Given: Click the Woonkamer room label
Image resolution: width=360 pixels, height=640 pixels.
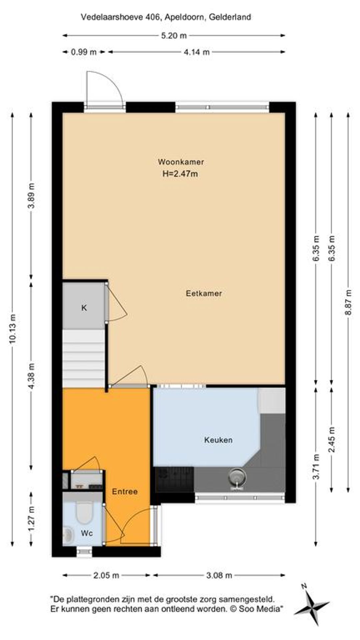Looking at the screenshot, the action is click(181, 162).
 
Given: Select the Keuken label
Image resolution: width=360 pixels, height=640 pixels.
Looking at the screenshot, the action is click(218, 440).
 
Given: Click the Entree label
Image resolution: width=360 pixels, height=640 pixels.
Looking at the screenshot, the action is click(125, 492).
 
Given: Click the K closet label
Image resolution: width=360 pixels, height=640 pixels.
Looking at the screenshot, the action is click(84, 308).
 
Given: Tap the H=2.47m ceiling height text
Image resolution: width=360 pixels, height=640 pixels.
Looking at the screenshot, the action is click(180, 174).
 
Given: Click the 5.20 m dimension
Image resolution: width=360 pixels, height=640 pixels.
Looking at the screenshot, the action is click(174, 36).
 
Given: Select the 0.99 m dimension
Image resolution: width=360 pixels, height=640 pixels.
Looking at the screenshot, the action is click(84, 52).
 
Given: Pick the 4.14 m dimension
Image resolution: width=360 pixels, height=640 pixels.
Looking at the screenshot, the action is click(197, 52).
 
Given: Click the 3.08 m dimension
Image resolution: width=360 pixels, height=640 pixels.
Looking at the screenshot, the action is click(219, 575).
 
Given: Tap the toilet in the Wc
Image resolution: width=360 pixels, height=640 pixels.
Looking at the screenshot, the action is click(84, 513).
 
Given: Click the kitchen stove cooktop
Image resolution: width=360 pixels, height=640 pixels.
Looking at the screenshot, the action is click(174, 479).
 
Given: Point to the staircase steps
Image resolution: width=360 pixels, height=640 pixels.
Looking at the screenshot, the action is click(84, 358).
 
